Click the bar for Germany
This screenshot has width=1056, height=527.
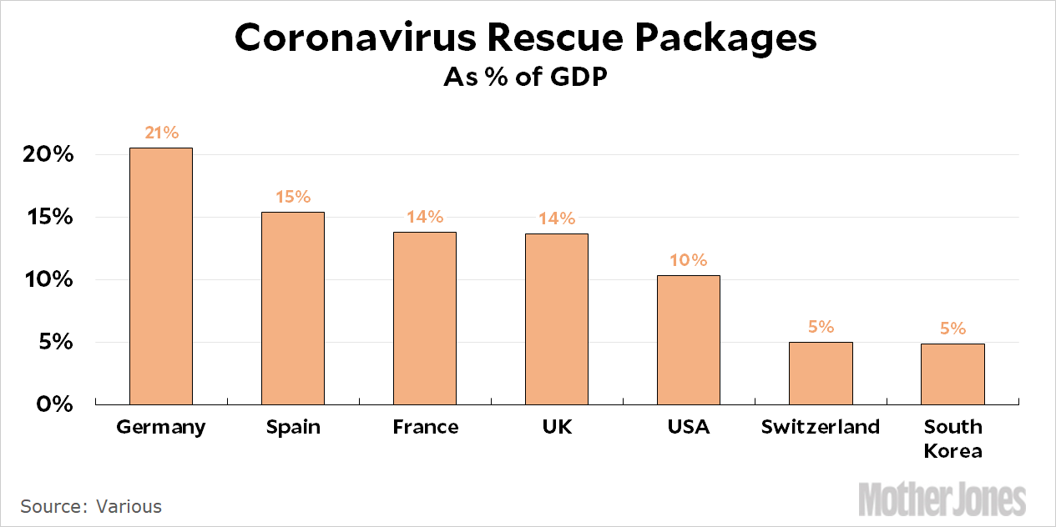pyautogui.click(x=160, y=276)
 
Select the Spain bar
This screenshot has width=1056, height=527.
pyautogui.click(x=292, y=309)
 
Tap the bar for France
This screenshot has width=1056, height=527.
pyautogui.click(x=424, y=318)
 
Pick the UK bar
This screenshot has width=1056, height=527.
pyautogui.click(x=556, y=319)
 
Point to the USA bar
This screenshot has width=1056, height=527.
pyautogui.click(x=688, y=339)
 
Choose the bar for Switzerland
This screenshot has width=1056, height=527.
pyautogui.click(x=820, y=373)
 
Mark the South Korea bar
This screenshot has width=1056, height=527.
pyautogui.click(x=952, y=374)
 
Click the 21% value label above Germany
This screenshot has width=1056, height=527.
pyautogui.click(x=160, y=133)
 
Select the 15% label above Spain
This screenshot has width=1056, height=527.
pyautogui.click(x=292, y=198)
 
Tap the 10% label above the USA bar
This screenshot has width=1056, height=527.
pyautogui.click(x=688, y=260)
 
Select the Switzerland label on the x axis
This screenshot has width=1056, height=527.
pyautogui.click(x=820, y=427)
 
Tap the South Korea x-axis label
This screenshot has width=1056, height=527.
pyautogui.click(x=952, y=439)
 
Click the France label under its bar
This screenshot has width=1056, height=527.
pyautogui.click(x=425, y=427)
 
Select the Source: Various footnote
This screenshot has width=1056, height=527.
pyautogui.click(x=91, y=506)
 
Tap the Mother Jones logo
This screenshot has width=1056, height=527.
pyautogui.click(x=942, y=499)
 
